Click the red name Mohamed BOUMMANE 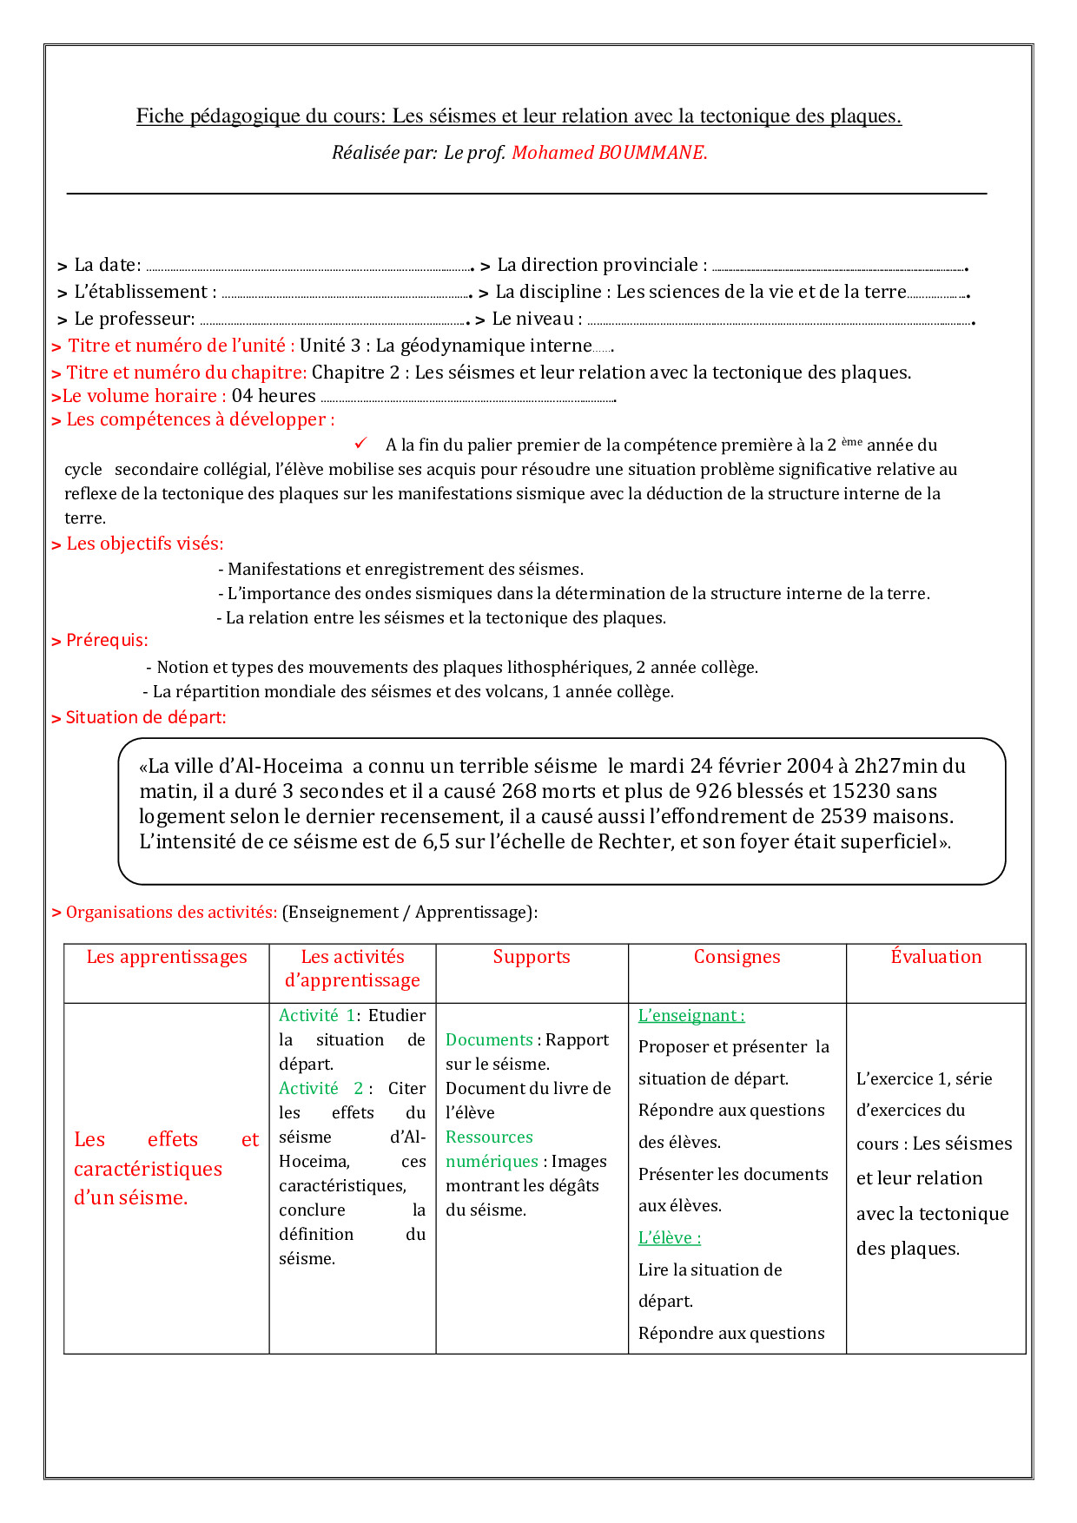click(609, 153)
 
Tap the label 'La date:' click(107, 265)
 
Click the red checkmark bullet click(361, 444)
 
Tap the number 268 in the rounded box click(520, 791)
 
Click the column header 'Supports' click(532, 957)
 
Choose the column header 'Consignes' click(737, 957)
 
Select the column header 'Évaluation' click(935, 957)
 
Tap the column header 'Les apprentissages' click(167, 957)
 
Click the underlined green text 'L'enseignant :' click(691, 1015)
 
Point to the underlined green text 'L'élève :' click(670, 1237)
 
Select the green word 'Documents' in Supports click(489, 1039)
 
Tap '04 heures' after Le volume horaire click(274, 396)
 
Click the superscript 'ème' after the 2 click(852, 441)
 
